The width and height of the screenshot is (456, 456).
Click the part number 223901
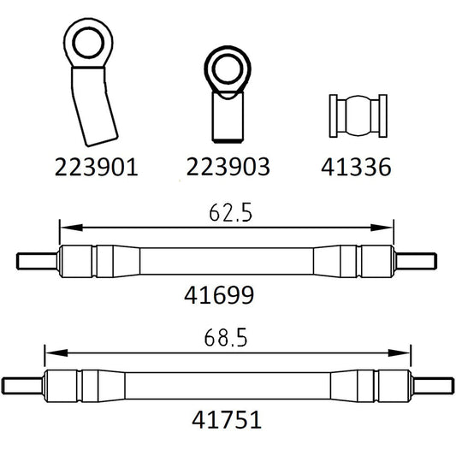click(x=95, y=168)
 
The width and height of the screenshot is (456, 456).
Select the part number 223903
click(x=227, y=168)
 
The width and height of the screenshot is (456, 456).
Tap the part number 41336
click(x=357, y=168)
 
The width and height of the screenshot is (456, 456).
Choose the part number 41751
click(x=227, y=420)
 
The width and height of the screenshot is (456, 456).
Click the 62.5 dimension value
click(x=228, y=212)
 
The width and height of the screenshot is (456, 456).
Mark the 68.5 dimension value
click(x=228, y=337)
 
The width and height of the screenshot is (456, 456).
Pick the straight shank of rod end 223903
click(x=228, y=117)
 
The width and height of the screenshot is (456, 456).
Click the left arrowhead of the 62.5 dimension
click(x=64, y=228)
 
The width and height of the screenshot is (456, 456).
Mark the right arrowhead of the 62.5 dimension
click(x=387, y=228)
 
